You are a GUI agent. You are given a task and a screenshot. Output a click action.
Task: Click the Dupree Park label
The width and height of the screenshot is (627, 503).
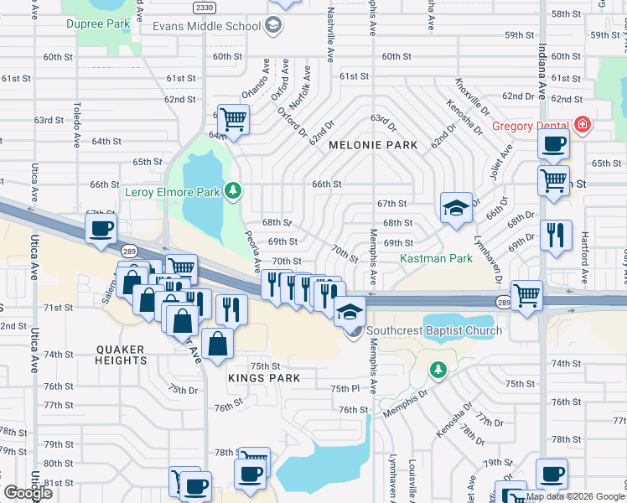[98, 23]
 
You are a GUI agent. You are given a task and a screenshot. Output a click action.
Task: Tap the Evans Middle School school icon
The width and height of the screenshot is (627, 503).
[272, 27]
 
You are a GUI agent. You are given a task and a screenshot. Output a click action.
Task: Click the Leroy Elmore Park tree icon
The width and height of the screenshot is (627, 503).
[232, 192]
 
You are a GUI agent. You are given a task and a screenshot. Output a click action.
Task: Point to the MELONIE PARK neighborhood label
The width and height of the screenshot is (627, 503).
[373, 145]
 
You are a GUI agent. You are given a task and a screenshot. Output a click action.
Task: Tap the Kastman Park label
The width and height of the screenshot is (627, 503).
[436, 259]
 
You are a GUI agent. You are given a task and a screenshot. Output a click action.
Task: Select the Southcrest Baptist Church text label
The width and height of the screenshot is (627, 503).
[434, 330]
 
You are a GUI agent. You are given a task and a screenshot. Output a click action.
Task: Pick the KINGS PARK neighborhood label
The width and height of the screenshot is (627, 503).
[264, 378]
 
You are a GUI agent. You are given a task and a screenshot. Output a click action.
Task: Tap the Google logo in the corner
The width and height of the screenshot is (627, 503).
[27, 493]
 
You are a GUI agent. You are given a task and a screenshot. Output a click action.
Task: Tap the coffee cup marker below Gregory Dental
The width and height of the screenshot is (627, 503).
[553, 143]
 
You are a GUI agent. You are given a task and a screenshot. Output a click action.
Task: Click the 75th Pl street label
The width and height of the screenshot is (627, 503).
[345, 389]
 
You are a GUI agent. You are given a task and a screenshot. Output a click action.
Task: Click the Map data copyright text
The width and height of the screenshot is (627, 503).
[575, 496]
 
